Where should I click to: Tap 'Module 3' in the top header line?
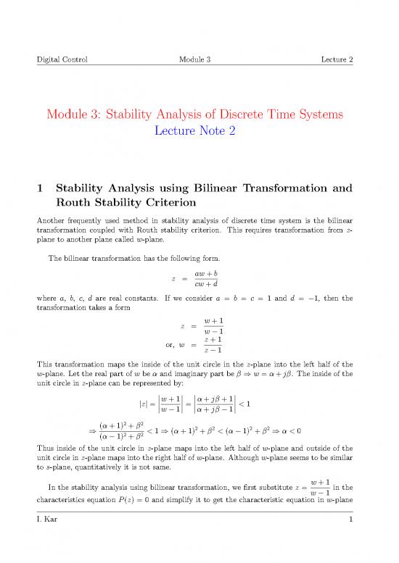[198, 59]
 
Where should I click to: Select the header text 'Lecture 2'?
[335, 59]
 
